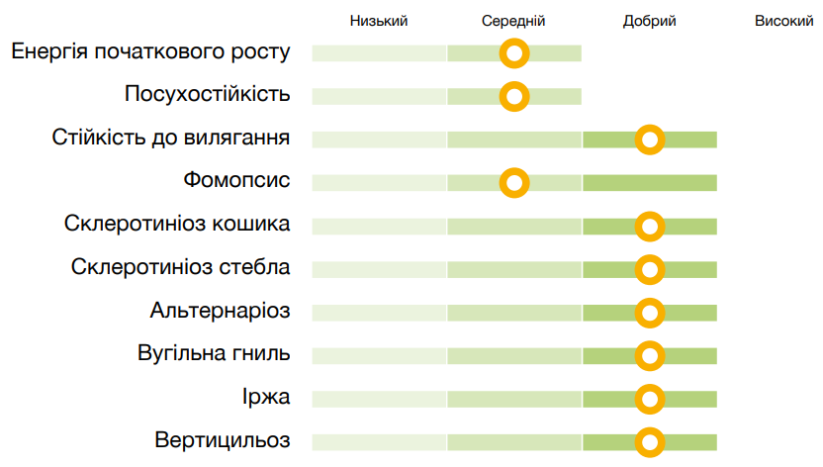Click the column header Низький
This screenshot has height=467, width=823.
pyautogui.click(x=379, y=21)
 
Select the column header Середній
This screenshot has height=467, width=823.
pyautogui.click(x=513, y=21)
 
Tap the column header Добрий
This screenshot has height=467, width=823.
pyautogui.click(x=650, y=21)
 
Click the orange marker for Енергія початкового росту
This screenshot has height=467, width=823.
pyautogui.click(x=514, y=53)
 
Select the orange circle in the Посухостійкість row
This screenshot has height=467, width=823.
pyautogui.click(x=514, y=97)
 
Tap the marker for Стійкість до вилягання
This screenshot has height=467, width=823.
pyautogui.click(x=649, y=140)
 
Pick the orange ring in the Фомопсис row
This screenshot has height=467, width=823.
pyautogui.click(x=514, y=183)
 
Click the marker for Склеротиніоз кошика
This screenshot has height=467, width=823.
pyautogui.click(x=649, y=227)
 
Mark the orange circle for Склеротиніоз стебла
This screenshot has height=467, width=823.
pyautogui.click(x=649, y=269)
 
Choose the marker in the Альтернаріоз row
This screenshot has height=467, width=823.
pyautogui.click(x=649, y=313)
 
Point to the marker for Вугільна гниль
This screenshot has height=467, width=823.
pyautogui.click(x=649, y=355)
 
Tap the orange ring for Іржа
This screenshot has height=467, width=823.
pyautogui.click(x=649, y=399)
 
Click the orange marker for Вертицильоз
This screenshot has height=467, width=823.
pyautogui.click(x=649, y=441)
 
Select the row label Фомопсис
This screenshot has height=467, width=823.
pyautogui.click(x=236, y=181)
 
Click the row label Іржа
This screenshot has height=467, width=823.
pyautogui.click(x=265, y=397)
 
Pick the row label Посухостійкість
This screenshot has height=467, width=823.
pyautogui.click(x=208, y=94)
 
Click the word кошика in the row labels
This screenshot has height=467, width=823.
pyautogui.click(x=252, y=224)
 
